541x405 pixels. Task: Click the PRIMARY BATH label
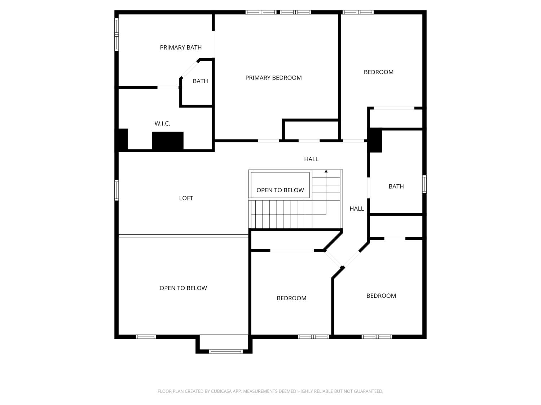[181, 48]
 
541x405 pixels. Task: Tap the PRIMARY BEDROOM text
[273, 78]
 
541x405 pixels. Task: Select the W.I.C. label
[162, 123]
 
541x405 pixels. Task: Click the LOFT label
[186, 198]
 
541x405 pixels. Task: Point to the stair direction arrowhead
[326, 171]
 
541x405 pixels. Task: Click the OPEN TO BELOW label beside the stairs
[280, 190]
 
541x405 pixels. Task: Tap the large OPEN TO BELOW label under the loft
[183, 288]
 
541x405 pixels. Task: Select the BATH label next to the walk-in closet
[200, 81]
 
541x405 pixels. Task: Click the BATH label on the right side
[396, 186]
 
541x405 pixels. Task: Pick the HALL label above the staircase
[311, 159]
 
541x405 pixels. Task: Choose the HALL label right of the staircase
[357, 208]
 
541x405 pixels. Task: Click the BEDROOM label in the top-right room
[379, 72]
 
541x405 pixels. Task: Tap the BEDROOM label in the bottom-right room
[381, 296]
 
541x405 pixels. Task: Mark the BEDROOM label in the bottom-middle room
[291, 298]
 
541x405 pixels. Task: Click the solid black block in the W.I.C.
[168, 141]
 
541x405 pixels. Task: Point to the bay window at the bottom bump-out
[226, 351]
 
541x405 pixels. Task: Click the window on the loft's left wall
[116, 190]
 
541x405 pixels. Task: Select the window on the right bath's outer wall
[425, 184]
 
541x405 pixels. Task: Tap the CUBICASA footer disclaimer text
[270, 391]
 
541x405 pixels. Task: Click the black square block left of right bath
[375, 140]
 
